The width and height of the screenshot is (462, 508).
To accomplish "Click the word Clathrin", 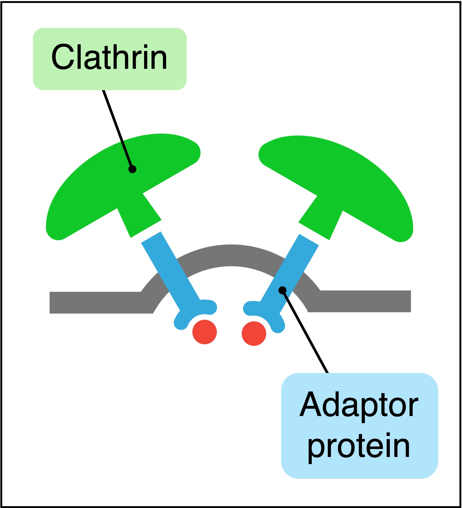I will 109,57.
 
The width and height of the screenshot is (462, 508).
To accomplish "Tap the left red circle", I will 205,332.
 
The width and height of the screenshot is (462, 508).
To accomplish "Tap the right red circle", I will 254,333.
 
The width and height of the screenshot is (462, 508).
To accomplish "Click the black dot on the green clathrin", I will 132,169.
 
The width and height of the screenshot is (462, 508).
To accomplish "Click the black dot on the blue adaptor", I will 282,290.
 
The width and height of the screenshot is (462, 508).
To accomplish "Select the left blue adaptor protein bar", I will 170,268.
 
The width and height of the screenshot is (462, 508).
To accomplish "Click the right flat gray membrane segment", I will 366,301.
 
